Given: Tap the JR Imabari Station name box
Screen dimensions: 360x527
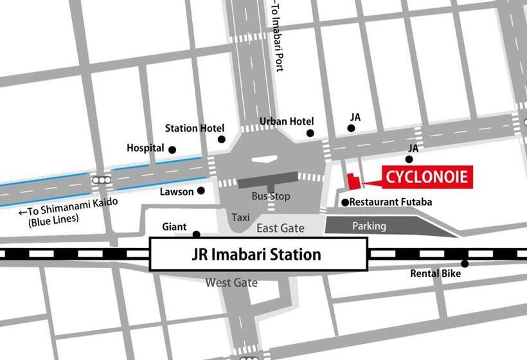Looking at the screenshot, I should tap(258, 254).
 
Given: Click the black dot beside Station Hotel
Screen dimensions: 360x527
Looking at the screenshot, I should tap(222, 139).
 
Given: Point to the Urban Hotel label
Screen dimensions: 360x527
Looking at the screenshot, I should tap(287, 122).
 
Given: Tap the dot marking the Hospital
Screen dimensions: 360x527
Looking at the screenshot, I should tap(172, 150).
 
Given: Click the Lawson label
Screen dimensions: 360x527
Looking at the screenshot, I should tap(177, 192).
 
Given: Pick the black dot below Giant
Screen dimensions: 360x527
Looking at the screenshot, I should tap(197, 235).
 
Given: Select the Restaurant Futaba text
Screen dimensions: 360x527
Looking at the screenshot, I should tap(391, 202).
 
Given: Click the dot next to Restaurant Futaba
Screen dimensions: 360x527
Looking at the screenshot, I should tap(345, 203).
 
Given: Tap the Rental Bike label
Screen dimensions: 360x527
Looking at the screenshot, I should tap(436, 274).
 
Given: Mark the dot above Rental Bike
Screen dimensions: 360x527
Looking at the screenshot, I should tap(465, 264).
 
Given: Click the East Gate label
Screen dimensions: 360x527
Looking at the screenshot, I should tap(280, 228).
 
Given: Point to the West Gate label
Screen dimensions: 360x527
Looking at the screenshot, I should tap(231, 282).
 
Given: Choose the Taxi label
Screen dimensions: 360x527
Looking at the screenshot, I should tap(241, 218).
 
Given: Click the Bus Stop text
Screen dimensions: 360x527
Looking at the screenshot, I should tap(271, 196).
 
